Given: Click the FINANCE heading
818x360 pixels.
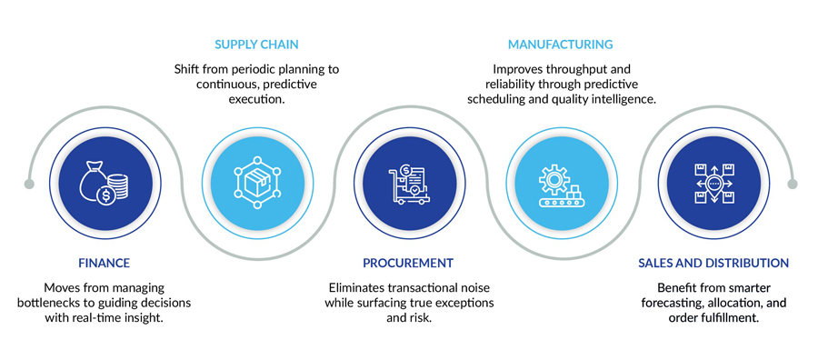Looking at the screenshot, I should (x=105, y=263).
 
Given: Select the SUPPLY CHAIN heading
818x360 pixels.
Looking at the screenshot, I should (x=256, y=44).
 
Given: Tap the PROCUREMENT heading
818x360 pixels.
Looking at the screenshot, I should (x=408, y=263).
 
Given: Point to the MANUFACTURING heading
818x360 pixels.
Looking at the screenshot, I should (x=560, y=44).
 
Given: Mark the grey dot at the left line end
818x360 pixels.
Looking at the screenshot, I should (x=29, y=185).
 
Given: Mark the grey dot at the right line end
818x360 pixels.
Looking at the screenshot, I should (x=791, y=185).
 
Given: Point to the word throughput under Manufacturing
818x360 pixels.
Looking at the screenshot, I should (x=574, y=68).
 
